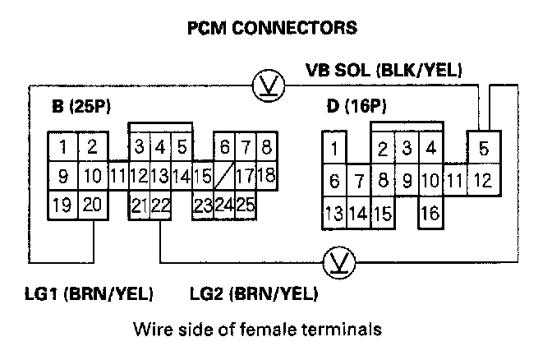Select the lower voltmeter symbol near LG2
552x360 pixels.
336,263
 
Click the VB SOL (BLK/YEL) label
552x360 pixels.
382,71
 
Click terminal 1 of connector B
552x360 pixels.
62,148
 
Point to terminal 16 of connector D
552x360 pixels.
429,215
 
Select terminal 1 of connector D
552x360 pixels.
334,150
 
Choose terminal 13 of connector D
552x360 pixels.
334,215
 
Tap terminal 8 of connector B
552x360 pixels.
266,148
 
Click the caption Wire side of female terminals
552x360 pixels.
257,330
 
